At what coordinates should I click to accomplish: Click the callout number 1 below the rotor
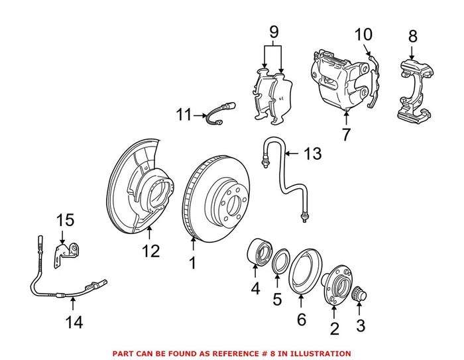point(192,263)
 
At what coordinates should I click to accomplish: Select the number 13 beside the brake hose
point(312,154)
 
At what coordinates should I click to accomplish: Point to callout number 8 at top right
point(412,36)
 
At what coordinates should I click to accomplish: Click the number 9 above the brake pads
point(273,30)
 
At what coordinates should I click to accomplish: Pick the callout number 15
point(65,219)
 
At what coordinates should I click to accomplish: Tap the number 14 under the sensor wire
point(74,322)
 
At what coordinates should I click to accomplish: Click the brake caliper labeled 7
point(341,80)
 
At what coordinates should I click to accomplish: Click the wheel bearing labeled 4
point(259,253)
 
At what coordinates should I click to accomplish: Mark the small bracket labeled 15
point(67,253)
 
